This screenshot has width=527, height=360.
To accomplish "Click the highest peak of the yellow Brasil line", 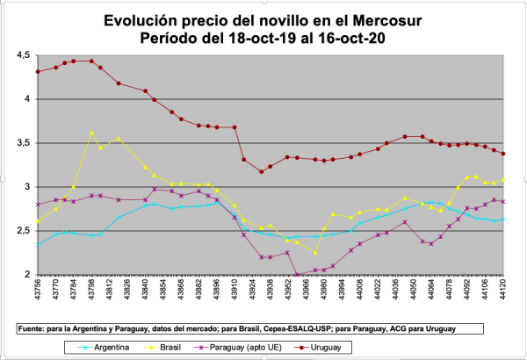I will point(91,133).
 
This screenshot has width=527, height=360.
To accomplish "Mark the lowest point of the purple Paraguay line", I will point(299,275).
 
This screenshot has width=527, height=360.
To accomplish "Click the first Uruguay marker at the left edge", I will point(38,72).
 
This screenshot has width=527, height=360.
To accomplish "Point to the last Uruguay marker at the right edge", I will point(503,154).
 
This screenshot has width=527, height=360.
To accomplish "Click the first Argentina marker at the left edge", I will point(38,244).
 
